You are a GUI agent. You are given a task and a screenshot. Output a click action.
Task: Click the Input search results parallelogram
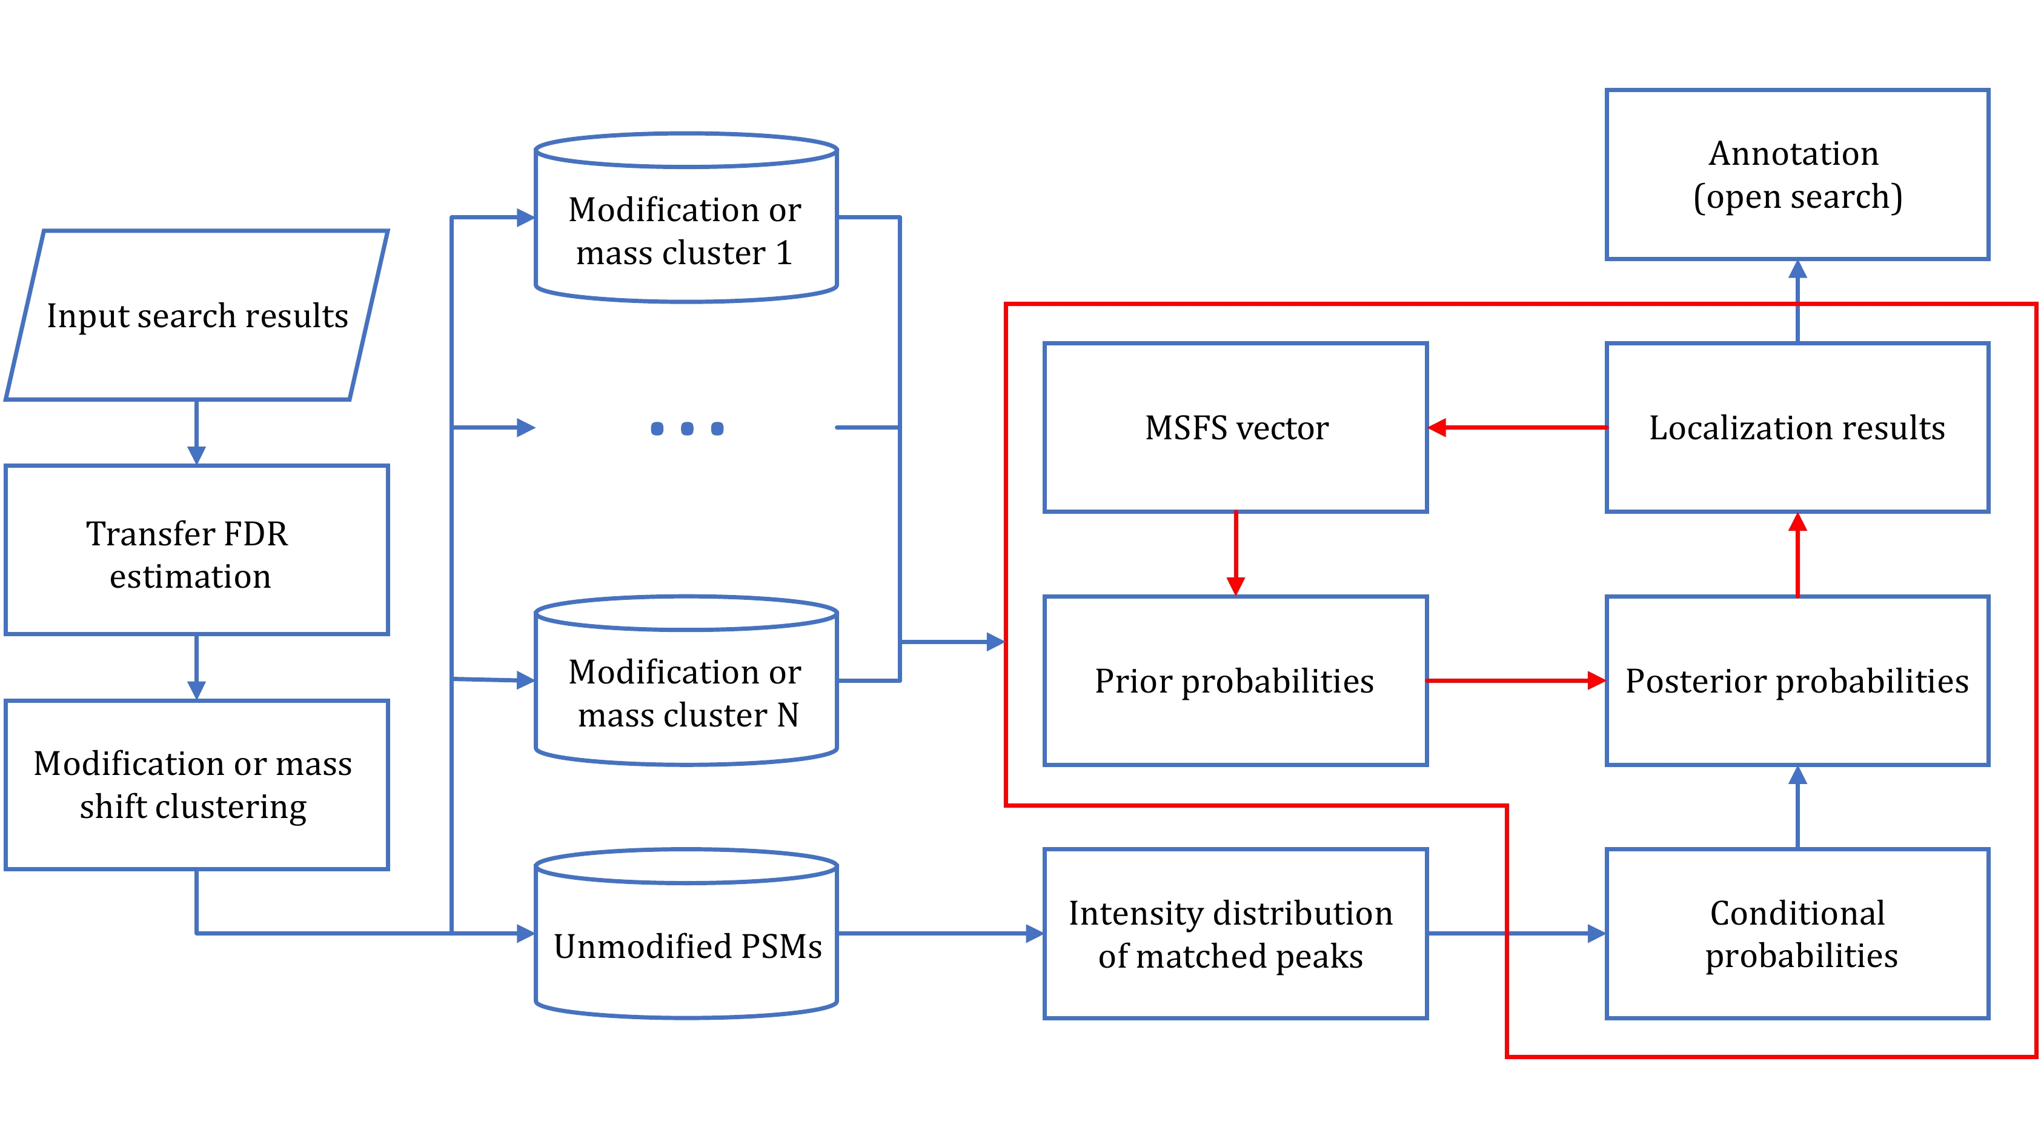pyautogui.click(x=196, y=316)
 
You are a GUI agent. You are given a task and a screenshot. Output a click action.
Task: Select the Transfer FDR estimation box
pyautogui.click(x=196, y=550)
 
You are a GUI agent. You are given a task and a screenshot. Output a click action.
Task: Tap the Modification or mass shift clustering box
pyautogui.click(x=196, y=784)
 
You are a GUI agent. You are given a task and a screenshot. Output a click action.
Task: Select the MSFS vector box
pyautogui.click(x=1235, y=427)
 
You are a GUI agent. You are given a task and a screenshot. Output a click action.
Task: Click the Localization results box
pyautogui.click(x=1797, y=427)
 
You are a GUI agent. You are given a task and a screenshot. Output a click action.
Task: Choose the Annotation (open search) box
pyautogui.click(x=1797, y=175)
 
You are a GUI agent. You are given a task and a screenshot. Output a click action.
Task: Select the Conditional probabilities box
pyautogui.click(x=1797, y=934)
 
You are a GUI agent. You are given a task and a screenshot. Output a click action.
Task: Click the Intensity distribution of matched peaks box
pyautogui.click(x=1235, y=934)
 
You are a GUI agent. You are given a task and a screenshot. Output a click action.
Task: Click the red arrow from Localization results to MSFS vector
pyautogui.click(x=1518, y=427)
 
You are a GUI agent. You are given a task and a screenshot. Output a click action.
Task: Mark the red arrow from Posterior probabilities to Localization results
pyautogui.click(x=1797, y=555)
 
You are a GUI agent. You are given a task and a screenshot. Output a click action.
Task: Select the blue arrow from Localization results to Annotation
pyautogui.click(x=1797, y=301)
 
